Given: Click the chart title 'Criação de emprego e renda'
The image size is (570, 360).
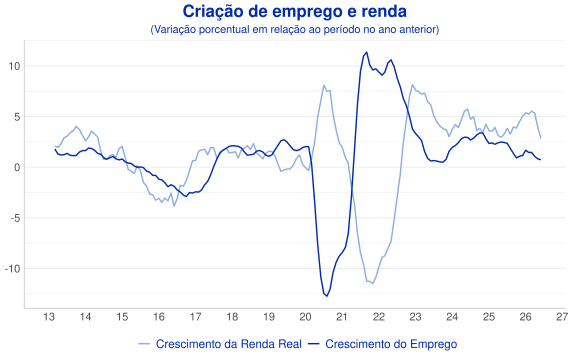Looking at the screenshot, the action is point(294,12).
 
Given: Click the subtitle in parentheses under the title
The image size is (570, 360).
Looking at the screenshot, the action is point(294,29).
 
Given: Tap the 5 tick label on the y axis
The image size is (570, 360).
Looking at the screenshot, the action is point(17,117).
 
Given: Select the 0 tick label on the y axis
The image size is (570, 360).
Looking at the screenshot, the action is point(17,167).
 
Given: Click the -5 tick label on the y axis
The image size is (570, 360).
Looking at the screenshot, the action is point(14,218).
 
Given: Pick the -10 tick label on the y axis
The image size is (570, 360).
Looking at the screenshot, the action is point(12,269).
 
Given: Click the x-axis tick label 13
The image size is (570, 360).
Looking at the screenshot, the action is point(49,317).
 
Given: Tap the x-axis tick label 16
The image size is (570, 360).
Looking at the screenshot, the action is point(159,317).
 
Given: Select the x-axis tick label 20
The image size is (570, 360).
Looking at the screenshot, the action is point(305,317).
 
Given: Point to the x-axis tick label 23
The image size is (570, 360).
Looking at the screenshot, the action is point(416,317).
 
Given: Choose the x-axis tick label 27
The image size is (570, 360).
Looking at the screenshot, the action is point(562,317).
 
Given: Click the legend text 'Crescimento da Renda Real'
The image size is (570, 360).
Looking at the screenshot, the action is point(229,344).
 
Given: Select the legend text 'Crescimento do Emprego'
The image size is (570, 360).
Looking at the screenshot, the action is point(391,344).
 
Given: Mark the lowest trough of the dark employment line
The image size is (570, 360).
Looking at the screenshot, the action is point(326,296).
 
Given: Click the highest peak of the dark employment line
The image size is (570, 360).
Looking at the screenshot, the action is point(366,52).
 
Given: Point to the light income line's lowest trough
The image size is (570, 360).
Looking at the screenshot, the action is point(373,283).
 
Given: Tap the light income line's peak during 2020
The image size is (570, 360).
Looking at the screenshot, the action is point(324,85).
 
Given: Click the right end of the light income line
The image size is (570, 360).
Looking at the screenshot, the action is point(541,138).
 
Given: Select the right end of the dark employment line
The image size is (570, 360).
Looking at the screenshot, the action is point(541,160).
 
